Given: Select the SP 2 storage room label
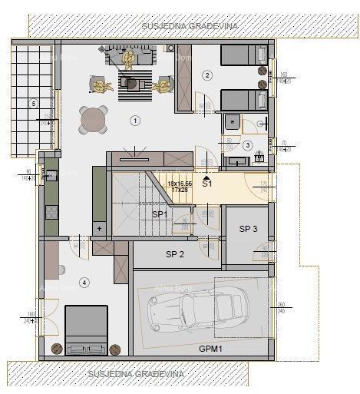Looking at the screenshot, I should click(x=175, y=254).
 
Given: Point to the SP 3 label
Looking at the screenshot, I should click(x=248, y=229).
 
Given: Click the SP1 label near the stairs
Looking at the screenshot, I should click(x=159, y=214).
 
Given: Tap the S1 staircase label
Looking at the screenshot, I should click(x=207, y=184).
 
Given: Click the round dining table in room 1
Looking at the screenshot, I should click(x=94, y=120).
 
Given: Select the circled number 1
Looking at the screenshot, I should click(x=135, y=121).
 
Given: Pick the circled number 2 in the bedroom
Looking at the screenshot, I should click(x=206, y=74).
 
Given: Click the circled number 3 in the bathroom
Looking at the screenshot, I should click(x=247, y=145).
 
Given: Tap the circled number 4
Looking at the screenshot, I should click(x=84, y=283).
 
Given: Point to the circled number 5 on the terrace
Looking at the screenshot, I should click(x=33, y=103).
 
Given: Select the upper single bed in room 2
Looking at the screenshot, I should click(x=243, y=55).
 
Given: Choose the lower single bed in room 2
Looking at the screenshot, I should click(x=243, y=101).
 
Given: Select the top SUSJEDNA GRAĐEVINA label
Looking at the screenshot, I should click(x=190, y=25).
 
